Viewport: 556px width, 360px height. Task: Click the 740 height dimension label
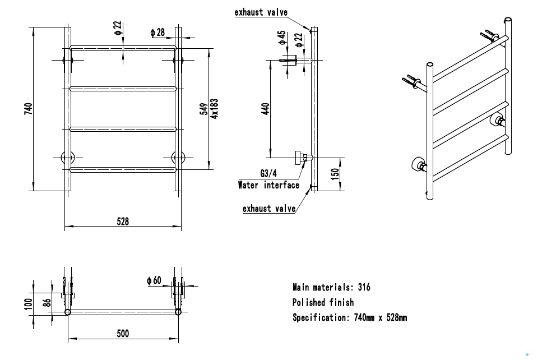coord(29,109)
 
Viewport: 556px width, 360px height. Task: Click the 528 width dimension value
coord(123,221)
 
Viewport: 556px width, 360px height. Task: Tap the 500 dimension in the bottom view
coord(123,334)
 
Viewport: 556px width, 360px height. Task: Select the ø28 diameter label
coord(157,33)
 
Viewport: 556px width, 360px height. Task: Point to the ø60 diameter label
coord(154,280)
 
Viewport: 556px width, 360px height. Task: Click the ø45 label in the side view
coord(282,38)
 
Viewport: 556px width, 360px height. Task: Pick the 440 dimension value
coord(265,109)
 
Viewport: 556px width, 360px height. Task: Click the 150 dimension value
coord(335,174)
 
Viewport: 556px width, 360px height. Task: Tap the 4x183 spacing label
coord(214,109)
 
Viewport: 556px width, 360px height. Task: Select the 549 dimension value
coord(204,109)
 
